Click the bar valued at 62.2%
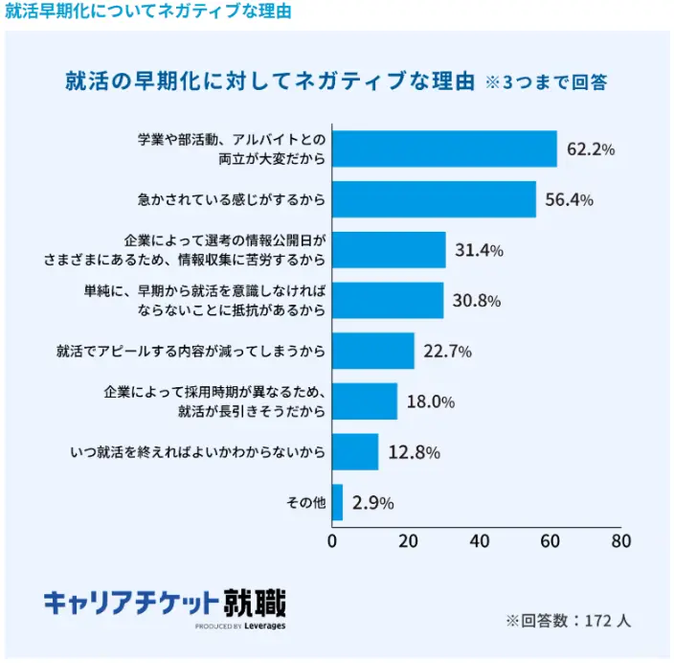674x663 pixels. coord(444,149)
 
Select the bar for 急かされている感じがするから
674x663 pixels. coord(434,199)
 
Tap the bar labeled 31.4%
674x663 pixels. coord(389,250)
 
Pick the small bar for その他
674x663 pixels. coord(337,502)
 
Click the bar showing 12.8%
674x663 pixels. coord(355,452)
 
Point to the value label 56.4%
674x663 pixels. coord(569,200)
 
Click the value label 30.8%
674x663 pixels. coord(477,301)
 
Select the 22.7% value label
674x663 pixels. coord(447,352)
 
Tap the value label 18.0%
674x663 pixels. coord(430,401)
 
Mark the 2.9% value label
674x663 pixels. coord(372,503)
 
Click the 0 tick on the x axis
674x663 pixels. coord(332,540)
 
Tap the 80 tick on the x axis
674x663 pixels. coord(620,540)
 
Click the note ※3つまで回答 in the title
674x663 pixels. coord(547,82)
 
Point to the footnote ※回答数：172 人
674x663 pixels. coord(568,621)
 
